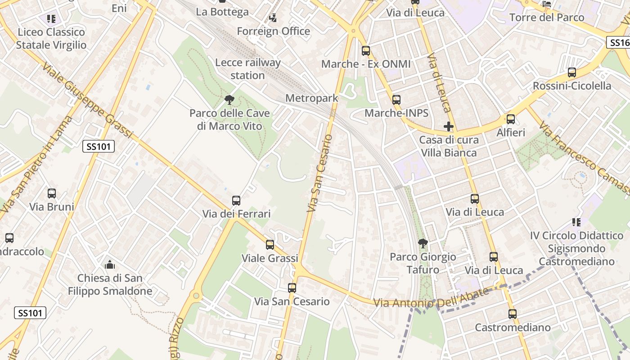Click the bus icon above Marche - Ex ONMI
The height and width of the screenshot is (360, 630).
366,51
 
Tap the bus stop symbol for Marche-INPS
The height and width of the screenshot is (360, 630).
396,100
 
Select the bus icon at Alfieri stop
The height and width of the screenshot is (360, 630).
511,119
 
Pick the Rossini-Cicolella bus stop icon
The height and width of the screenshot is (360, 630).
572,72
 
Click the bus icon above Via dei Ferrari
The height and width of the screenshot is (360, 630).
236,201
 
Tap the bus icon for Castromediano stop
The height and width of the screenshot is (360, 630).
513,314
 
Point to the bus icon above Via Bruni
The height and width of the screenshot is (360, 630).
52,193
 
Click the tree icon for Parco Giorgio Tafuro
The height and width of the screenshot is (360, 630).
423,244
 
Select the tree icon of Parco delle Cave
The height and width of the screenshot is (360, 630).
229,100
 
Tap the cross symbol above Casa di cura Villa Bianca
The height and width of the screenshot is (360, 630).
449,127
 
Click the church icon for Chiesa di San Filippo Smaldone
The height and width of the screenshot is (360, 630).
110,265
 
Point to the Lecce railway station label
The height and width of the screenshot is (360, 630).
247,69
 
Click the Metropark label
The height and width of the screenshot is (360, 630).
311,98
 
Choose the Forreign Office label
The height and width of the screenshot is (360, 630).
273,31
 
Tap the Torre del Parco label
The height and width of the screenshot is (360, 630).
547,18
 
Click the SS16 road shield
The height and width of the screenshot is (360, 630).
619,43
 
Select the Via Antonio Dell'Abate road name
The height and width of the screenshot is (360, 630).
431,298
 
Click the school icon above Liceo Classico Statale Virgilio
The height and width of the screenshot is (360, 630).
51,19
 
